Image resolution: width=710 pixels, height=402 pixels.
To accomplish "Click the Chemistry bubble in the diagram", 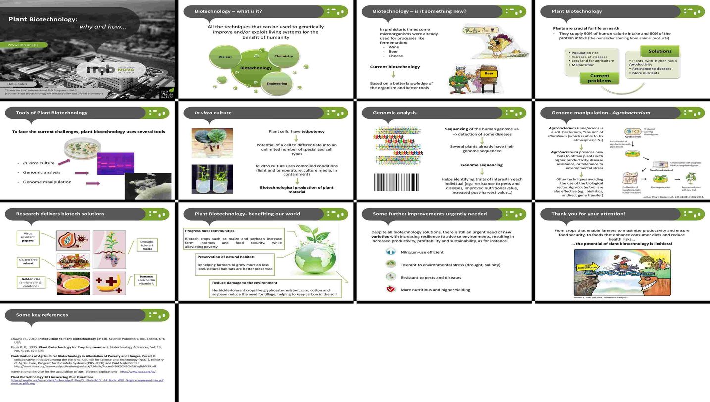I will (x=284, y=56).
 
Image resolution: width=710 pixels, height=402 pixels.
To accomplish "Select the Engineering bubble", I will (x=277, y=83).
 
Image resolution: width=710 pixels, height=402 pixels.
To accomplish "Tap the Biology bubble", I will (x=225, y=57).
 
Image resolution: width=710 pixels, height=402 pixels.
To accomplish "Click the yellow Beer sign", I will (x=489, y=73).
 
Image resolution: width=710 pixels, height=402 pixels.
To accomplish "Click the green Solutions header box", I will (x=660, y=51).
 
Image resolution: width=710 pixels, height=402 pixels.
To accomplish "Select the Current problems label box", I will (x=600, y=78).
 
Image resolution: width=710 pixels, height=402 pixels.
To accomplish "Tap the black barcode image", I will (x=396, y=182).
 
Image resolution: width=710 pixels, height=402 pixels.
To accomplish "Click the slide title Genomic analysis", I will (x=395, y=113).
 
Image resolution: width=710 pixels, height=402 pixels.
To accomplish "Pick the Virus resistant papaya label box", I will (x=28, y=238).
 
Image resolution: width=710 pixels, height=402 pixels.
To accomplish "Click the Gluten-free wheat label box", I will (x=28, y=261).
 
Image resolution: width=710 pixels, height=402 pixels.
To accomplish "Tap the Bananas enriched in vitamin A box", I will (x=147, y=280).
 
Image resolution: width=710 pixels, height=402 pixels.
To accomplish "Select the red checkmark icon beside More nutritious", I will (x=391, y=289).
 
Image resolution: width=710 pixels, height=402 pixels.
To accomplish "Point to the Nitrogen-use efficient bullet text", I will (x=421, y=252).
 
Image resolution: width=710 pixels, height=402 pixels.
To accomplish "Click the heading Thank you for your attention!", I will (x=588, y=214).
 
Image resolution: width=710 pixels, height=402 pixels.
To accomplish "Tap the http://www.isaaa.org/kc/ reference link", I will (x=138, y=371).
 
